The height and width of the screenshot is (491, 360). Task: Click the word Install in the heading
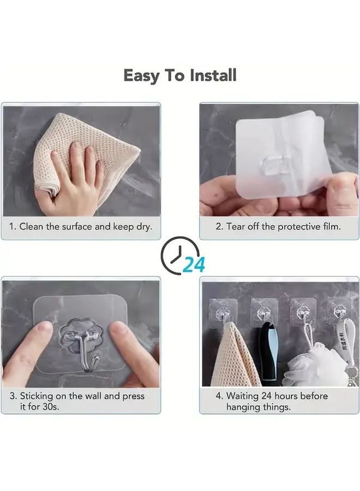click(x=213, y=75)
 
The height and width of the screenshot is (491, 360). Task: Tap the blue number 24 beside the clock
click(x=194, y=265)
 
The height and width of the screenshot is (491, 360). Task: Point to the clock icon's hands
click(x=177, y=254)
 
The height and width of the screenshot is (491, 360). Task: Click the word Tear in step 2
click(x=236, y=226)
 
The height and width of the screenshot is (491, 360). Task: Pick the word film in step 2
click(x=332, y=226)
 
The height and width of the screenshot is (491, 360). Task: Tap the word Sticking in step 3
click(x=37, y=397)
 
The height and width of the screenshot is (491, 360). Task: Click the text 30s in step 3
click(x=51, y=407)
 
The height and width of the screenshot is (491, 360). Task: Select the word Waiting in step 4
click(x=243, y=396)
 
